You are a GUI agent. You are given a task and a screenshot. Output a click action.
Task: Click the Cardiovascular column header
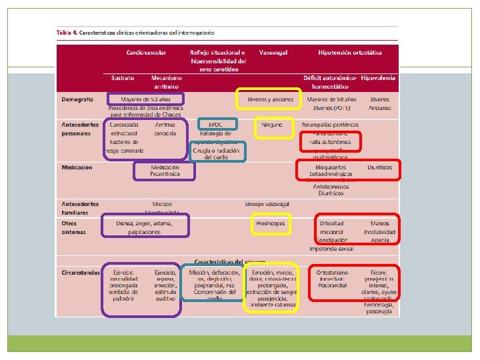click(146, 52)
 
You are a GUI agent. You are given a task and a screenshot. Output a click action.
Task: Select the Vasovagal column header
click(273, 52)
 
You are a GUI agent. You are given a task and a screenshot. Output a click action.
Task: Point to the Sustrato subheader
click(122, 78)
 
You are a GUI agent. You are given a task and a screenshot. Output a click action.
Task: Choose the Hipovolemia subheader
click(379, 78)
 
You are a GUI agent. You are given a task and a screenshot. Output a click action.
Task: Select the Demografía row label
click(77, 99)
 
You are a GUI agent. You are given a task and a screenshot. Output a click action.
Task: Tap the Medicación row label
click(77, 167)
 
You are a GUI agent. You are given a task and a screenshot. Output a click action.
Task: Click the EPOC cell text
click(215, 125)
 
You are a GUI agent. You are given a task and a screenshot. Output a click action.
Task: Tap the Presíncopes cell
click(271, 224)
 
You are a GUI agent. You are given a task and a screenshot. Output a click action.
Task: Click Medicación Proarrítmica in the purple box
click(165, 171)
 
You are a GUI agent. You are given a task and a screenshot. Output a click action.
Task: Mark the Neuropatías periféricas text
click(330, 125)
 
